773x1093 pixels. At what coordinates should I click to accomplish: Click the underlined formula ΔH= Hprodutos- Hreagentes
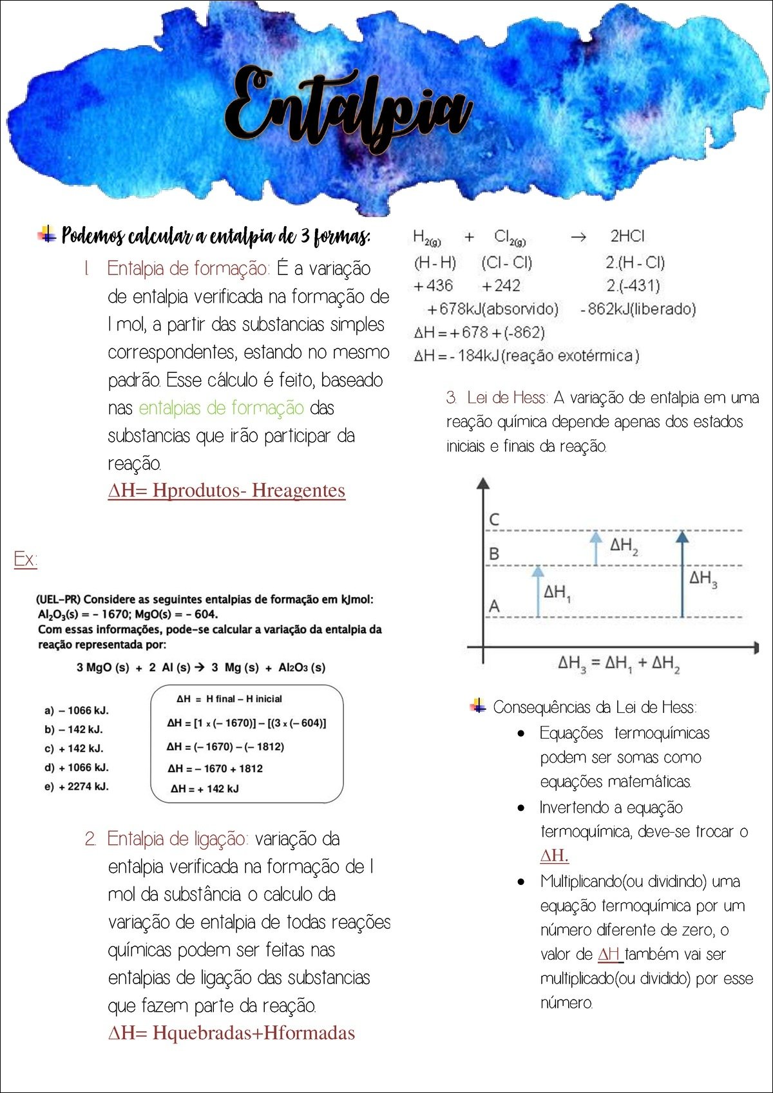226,491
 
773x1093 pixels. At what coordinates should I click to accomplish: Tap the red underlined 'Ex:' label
25,558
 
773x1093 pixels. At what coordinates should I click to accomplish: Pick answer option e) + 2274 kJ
77,786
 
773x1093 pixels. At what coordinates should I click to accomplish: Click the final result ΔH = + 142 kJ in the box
204,789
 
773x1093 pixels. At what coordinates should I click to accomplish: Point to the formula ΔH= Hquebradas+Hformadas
231,1033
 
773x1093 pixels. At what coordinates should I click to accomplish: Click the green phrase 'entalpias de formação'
221,408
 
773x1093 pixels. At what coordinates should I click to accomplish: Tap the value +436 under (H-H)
433,285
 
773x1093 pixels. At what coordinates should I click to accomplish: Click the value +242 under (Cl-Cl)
501,285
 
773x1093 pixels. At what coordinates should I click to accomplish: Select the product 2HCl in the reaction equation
627,236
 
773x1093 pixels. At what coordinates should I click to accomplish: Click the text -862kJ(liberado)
638,309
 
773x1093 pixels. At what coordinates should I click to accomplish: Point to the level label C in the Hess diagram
494,519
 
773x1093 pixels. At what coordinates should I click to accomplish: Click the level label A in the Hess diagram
494,606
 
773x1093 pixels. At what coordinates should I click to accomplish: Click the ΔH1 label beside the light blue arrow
557,593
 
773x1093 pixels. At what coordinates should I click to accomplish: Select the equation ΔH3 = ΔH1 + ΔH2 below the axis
618,663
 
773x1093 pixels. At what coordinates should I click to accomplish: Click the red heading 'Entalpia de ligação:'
177,839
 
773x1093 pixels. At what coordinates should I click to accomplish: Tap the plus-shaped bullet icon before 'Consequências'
478,706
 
